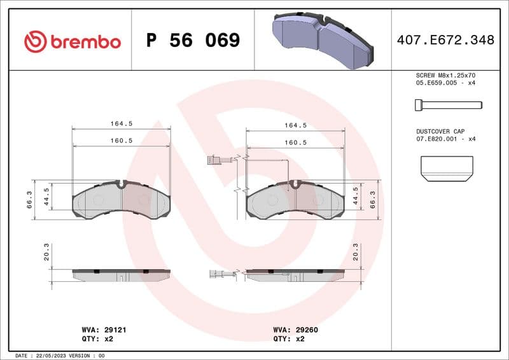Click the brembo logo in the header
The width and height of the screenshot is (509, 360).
[x=72, y=41]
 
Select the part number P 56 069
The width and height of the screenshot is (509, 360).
[x=193, y=41]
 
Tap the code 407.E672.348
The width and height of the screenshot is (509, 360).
[x=445, y=40]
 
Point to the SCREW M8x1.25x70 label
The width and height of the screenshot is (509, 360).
[x=446, y=75]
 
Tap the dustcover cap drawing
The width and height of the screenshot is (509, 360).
[x=447, y=167]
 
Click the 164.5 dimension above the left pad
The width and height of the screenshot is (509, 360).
[x=121, y=125]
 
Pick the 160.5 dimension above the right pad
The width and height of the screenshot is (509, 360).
[x=295, y=142]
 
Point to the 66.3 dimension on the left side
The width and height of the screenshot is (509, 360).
[x=29, y=199]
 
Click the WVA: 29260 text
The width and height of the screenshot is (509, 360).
[x=296, y=330]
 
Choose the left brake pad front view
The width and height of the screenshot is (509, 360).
[x=121, y=200]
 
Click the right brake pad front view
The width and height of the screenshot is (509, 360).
[x=295, y=201]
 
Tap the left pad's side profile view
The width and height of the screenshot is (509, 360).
[x=121, y=274]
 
